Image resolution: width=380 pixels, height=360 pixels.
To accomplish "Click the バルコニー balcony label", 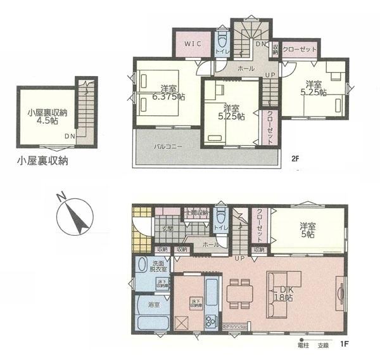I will [x=168, y=146].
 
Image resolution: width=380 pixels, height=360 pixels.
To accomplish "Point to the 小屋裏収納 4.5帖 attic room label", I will [x=42, y=117].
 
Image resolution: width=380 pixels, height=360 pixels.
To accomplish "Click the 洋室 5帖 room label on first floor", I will [x=308, y=229].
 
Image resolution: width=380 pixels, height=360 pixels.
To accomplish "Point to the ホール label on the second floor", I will [x=246, y=68].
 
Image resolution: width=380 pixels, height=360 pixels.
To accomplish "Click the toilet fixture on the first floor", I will [x=220, y=219].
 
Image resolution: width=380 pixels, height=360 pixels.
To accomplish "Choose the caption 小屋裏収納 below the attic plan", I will [x=43, y=161].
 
